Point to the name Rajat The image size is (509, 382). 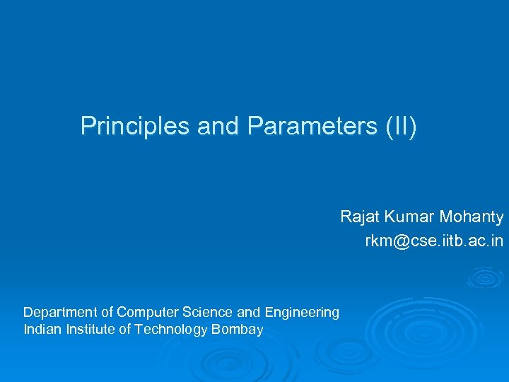[x=360, y=216]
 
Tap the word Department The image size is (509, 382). [x=60, y=312]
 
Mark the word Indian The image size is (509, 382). [x=41, y=329]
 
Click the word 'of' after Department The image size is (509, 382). [x=107, y=312]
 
